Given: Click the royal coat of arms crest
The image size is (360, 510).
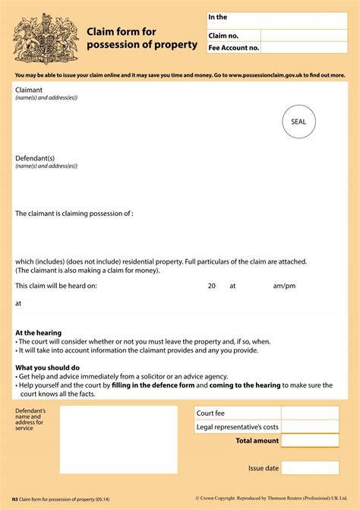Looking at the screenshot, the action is tap(40, 38).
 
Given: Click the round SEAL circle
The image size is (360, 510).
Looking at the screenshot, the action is tap(298, 122).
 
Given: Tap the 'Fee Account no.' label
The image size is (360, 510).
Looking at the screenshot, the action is tap(234, 48).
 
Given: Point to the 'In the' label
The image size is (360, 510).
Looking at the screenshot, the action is tap(219, 17).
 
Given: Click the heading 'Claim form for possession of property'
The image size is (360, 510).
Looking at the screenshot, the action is tap(141, 38).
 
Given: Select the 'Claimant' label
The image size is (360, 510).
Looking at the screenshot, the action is tap(30, 90).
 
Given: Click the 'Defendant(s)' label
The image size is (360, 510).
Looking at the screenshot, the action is tap(35, 158).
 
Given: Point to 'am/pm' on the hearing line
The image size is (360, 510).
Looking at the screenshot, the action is tap(284, 286).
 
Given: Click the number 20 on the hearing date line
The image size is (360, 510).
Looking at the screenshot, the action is tap(212, 286).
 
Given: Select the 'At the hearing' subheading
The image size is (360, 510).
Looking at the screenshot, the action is tap(39, 333).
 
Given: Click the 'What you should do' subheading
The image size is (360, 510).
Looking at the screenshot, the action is tap(47, 368).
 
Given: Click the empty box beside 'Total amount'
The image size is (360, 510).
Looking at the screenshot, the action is tap(310, 441).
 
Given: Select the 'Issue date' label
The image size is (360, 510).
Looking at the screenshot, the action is tap(264, 467).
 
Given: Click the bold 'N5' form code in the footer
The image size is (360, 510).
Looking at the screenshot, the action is tap(15, 499).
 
